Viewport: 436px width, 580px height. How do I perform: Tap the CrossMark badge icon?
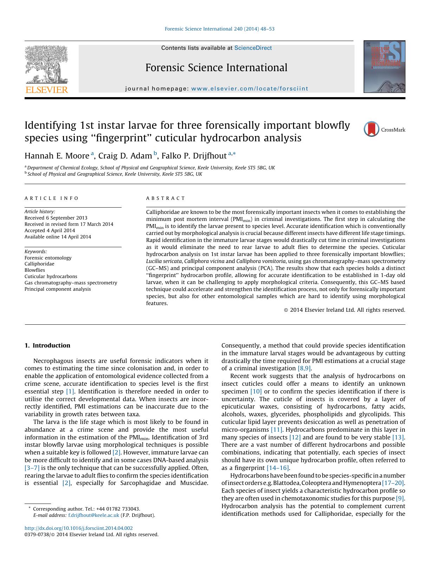371,129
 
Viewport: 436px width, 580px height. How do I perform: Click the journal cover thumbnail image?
384,67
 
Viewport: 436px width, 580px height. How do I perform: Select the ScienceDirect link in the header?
253,48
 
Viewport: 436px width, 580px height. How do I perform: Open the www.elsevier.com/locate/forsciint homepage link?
249,89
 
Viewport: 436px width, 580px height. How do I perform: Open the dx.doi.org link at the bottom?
79,528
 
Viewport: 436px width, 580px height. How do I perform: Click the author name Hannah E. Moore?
57,156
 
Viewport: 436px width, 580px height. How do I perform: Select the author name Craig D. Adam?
125,156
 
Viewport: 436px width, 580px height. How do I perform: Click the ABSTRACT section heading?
165,198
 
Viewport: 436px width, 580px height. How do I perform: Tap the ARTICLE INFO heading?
52,198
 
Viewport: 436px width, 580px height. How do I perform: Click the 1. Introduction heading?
47,345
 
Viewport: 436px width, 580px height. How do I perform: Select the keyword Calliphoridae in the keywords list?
39,264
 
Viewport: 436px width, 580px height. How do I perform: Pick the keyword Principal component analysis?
58,289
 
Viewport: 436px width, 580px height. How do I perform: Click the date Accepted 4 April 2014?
50,230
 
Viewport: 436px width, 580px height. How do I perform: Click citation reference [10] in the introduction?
256,391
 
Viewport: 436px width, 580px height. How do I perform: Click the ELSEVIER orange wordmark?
47,89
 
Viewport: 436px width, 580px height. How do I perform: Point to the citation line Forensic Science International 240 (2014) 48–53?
220,29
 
